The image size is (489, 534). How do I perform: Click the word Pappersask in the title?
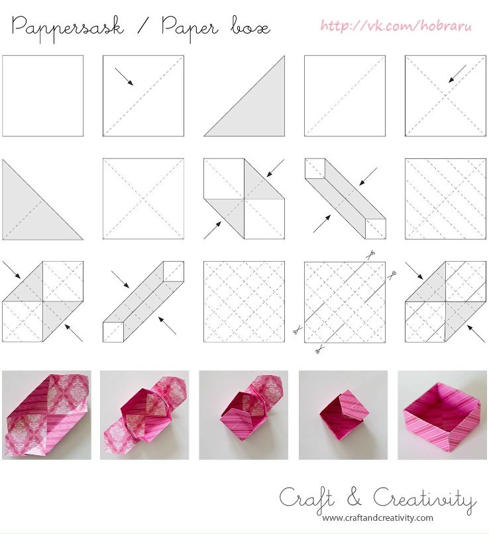point(68,28)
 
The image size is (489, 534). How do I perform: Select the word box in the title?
point(250,27)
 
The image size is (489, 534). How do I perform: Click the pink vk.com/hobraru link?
point(396,26)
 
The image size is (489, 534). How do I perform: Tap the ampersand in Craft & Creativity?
point(354,498)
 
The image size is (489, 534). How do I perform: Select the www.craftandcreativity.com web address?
point(378,518)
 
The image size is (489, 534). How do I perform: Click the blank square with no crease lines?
point(42,95)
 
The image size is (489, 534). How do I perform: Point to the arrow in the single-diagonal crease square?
point(124,77)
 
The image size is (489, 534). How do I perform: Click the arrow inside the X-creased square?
point(457,74)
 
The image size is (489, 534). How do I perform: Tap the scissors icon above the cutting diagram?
point(371,255)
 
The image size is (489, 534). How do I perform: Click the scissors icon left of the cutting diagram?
point(298,329)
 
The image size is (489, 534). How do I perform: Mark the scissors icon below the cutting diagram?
point(319,349)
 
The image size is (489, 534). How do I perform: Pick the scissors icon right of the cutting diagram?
point(392,274)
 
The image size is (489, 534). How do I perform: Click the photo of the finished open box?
point(442,415)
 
